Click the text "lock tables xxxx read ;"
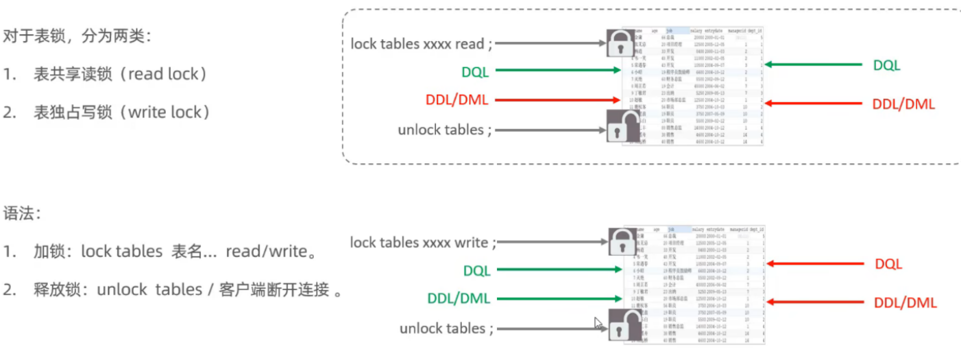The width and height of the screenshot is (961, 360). [422, 43]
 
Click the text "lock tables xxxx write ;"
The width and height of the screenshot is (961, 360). [423, 242]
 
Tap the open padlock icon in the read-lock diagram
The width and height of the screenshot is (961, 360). [622, 125]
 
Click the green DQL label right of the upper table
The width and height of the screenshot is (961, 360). [886, 65]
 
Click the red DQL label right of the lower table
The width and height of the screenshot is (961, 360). [888, 263]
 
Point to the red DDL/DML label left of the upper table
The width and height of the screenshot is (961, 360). [457, 100]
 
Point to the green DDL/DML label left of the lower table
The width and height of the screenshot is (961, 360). [459, 299]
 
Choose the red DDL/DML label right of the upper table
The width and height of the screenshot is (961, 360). [903, 104]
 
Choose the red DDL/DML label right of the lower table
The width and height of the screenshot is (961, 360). [905, 302]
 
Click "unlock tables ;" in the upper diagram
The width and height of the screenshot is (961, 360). [444, 130]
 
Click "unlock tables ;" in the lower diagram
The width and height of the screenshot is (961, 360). [446, 328]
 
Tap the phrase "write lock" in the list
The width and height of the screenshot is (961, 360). [167, 112]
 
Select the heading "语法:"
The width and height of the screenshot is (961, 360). [23, 214]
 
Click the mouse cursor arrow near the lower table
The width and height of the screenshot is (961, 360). [598, 322]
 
